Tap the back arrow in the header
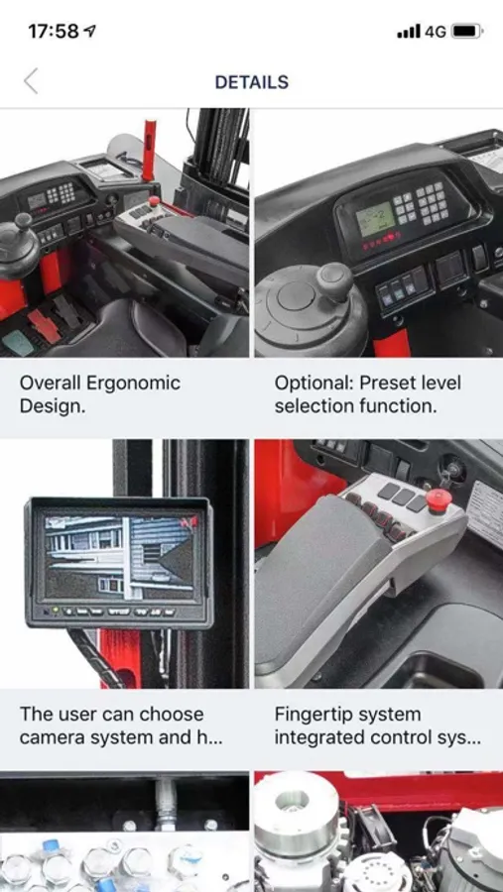click(31, 81)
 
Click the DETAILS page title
click(252, 82)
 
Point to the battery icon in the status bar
click(467, 32)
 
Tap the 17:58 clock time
click(54, 32)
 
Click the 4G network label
click(436, 32)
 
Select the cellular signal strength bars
click(409, 32)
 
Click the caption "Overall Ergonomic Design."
click(99, 394)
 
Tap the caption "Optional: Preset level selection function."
click(367, 394)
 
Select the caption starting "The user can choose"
click(120, 725)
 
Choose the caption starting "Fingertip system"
click(378, 725)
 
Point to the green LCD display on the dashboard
click(375, 219)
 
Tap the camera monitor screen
click(120, 556)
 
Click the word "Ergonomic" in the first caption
click(132, 383)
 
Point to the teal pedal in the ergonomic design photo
click(18, 342)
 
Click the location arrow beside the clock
click(90, 32)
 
